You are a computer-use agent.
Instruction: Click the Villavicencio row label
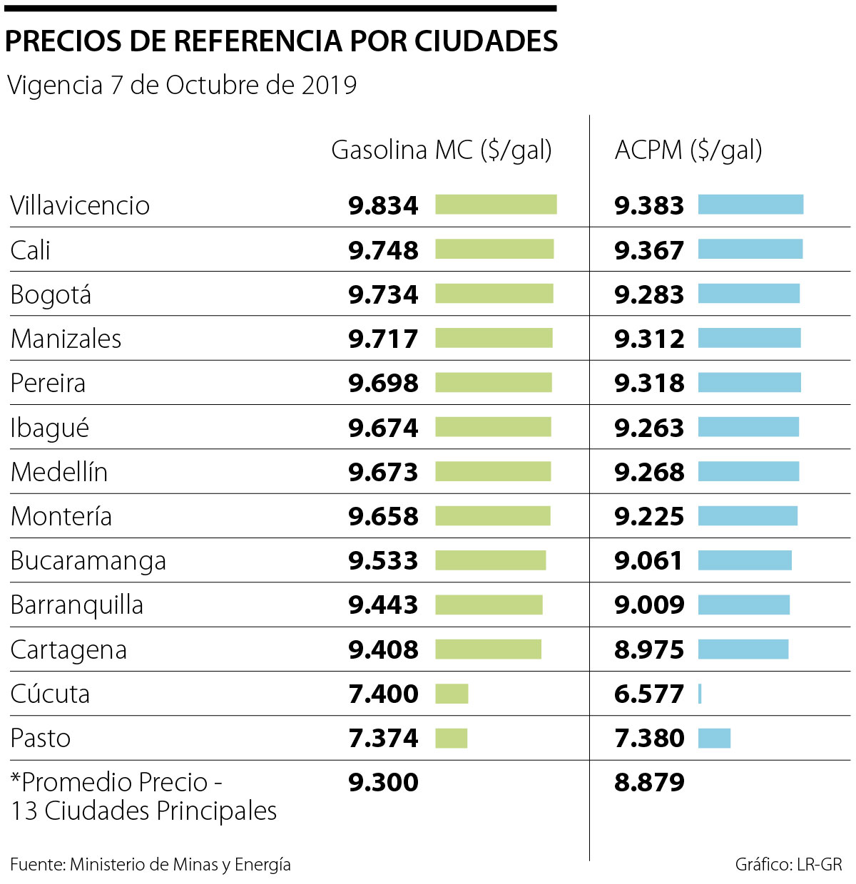[x=80, y=206]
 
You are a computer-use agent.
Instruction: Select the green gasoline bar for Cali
[x=494, y=249]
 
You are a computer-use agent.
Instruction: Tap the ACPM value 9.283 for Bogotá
[x=649, y=294]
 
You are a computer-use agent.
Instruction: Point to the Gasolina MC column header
[x=442, y=150]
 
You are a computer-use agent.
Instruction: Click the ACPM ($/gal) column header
[x=688, y=150]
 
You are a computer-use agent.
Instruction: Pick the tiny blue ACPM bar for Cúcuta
[x=700, y=694]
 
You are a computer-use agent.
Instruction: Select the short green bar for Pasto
[x=452, y=738]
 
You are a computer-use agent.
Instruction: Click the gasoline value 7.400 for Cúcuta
[x=383, y=694]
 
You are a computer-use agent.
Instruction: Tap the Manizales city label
[x=66, y=339]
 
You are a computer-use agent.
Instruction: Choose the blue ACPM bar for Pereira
[x=749, y=383]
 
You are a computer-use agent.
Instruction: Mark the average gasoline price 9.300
[x=383, y=782]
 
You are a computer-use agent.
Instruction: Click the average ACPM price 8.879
[x=649, y=782]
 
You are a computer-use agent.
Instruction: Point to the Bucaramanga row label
[x=88, y=561]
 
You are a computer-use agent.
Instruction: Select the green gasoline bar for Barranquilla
[x=489, y=605]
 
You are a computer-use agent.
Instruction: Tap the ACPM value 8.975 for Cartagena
[x=649, y=649]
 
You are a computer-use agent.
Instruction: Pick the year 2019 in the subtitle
[x=329, y=86]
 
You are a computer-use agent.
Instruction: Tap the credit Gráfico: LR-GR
[x=788, y=865]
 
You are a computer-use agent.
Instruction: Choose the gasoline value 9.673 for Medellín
[x=383, y=472]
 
